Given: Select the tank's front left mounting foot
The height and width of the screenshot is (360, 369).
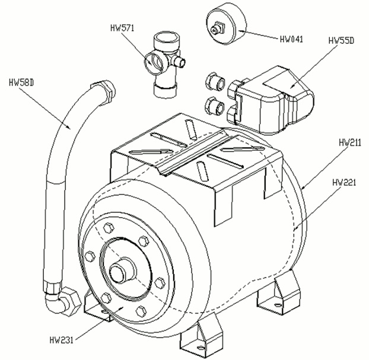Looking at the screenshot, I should point(98,302).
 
